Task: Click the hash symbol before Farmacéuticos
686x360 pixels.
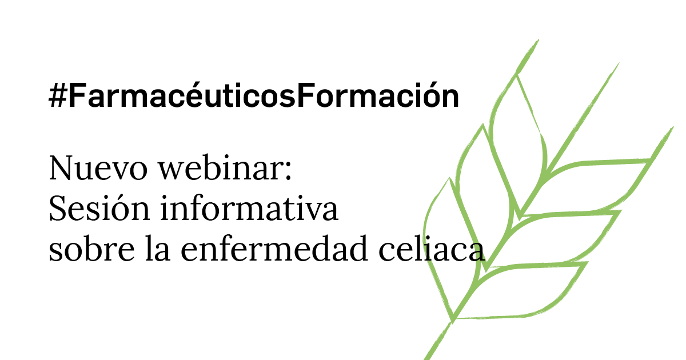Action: [58, 95]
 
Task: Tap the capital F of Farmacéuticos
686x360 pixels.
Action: [76, 95]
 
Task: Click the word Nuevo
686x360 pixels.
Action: [98, 169]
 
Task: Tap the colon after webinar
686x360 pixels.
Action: [288, 173]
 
